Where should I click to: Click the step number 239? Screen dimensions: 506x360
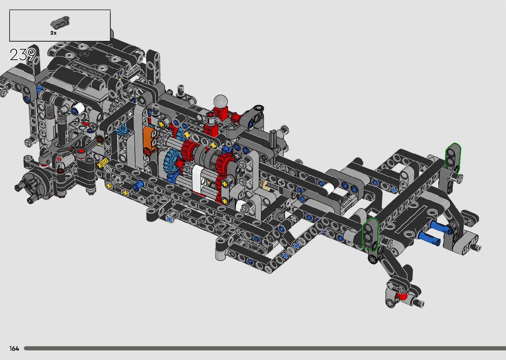(x=22, y=55)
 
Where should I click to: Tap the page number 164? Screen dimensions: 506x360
(x=14, y=348)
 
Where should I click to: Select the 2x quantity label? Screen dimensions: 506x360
(x=53, y=33)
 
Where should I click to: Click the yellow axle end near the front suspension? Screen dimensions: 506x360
(x=103, y=163)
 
